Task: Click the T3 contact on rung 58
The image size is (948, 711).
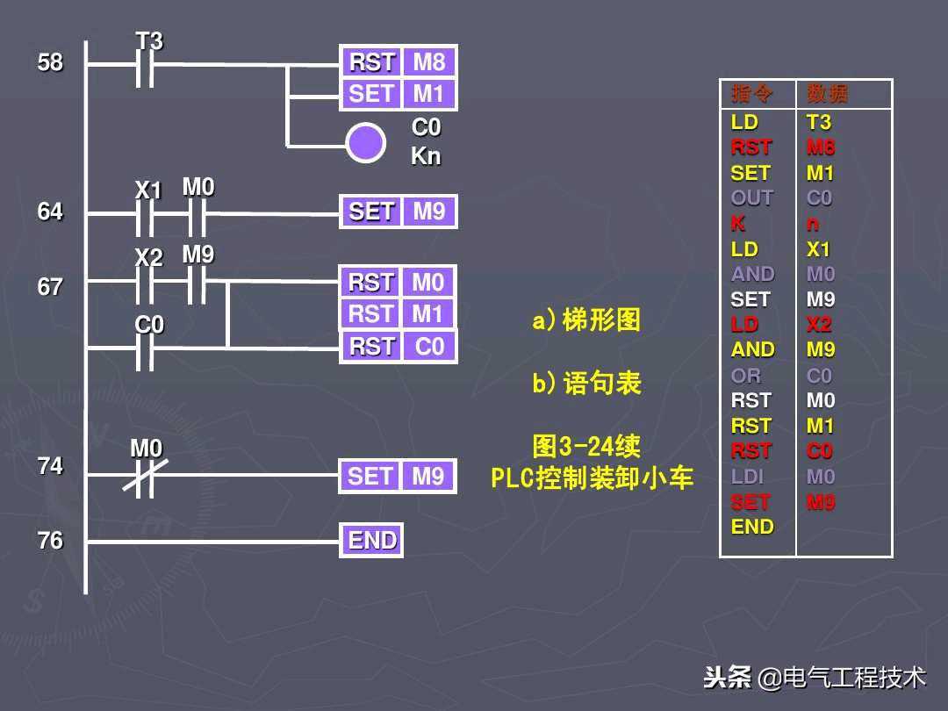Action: coord(146,64)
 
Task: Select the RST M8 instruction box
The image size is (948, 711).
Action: coord(398,62)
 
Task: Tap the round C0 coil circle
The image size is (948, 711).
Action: coord(365,142)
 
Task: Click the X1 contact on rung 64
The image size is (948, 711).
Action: coord(146,212)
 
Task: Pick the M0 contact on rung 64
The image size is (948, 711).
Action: coord(198,212)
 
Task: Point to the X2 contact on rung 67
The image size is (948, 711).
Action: coord(146,282)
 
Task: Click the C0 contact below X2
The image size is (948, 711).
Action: coord(146,348)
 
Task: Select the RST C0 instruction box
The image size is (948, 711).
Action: coord(398,347)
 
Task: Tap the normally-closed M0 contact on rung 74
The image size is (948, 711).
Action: coord(146,475)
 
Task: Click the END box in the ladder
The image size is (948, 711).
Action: coord(372,541)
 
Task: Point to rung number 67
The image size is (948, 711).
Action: coord(50,287)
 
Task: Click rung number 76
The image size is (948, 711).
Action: coord(50,541)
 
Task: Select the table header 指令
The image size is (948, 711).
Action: coord(752,94)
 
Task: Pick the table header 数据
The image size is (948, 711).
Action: coord(828,94)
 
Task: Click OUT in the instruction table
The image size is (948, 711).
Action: coord(752,198)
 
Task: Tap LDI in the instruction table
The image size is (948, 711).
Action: coord(748,477)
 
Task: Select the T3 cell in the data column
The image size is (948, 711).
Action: coord(819,122)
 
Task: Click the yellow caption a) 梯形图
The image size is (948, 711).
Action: coord(586,320)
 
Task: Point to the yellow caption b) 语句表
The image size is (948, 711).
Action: coord(586,384)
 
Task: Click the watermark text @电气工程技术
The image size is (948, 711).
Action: coord(842,678)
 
